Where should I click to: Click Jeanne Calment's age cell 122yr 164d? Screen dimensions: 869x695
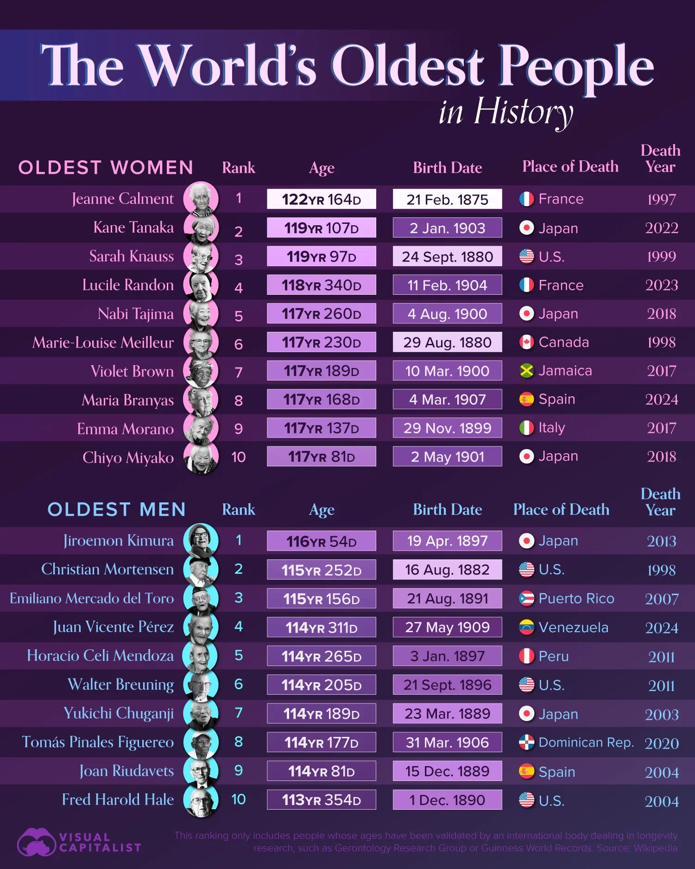(321, 199)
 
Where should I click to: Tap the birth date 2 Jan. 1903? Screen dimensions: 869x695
(447, 228)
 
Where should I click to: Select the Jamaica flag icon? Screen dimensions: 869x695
(526, 371)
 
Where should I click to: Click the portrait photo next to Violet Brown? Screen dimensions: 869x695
(201, 371)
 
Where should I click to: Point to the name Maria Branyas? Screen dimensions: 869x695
(128, 400)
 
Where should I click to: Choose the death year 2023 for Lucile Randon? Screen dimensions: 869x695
(661, 285)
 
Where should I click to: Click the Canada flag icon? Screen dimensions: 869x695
(526, 343)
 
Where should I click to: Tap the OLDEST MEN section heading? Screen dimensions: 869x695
(117, 510)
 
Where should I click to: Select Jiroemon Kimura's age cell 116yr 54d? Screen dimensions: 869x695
(321, 541)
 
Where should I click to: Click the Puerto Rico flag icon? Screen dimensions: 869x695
(526, 599)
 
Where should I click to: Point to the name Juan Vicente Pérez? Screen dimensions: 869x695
(114, 627)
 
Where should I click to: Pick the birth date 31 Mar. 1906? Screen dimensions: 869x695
(447, 742)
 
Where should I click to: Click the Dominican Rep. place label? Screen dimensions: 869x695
(586, 742)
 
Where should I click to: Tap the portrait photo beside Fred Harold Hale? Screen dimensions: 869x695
(201, 800)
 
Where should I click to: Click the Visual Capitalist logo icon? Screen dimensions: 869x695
(36, 842)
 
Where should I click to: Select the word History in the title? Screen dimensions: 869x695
(523, 112)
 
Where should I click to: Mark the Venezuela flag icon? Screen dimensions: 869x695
(526, 628)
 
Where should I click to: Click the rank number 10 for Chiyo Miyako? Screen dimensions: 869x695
(238, 457)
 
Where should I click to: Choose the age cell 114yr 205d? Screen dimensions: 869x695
(321, 685)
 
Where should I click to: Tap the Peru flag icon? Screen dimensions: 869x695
(526, 656)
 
